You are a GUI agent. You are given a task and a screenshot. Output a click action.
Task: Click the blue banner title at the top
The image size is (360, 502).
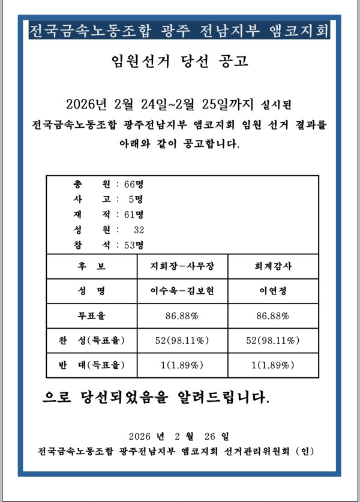pyautogui.click(x=179, y=29)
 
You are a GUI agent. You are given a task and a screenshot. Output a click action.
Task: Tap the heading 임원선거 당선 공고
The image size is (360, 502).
pyautogui.click(x=180, y=61)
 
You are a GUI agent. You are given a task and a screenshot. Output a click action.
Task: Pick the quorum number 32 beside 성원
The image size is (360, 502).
pyautogui.click(x=139, y=229)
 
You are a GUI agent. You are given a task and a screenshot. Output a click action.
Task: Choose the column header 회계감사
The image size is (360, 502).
pyautogui.click(x=273, y=266)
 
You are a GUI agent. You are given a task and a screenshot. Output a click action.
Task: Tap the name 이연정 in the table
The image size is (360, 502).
pyautogui.click(x=273, y=291)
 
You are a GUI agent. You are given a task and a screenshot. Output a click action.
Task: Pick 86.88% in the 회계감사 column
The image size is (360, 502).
pyautogui.click(x=273, y=315)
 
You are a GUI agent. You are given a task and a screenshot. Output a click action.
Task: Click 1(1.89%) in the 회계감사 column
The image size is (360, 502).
pyautogui.click(x=273, y=365)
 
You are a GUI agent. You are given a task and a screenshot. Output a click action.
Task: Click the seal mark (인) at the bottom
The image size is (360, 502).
pyautogui.click(x=305, y=450)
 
